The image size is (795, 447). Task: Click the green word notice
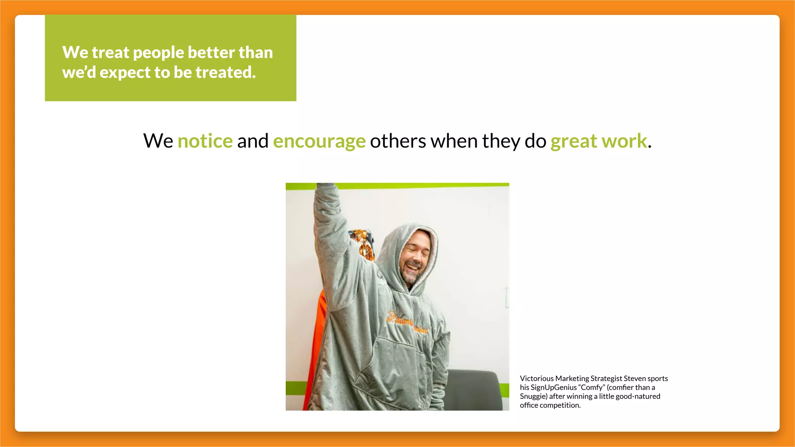pos(205,141)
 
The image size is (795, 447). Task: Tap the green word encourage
pos(319,142)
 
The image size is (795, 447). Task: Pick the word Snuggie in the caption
pos(533,396)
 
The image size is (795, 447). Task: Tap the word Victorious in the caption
pos(536,378)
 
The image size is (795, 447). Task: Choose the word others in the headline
pos(398,141)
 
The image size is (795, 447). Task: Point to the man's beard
pos(410,276)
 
